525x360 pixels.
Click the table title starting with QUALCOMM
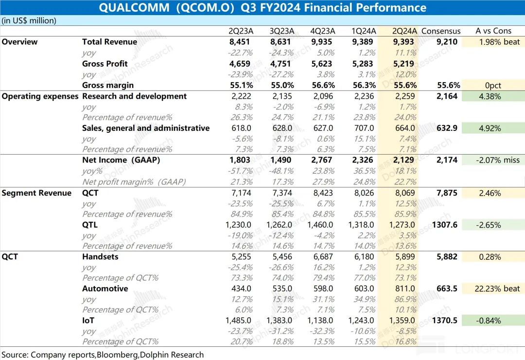click(262, 8)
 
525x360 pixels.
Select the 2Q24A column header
click(404, 31)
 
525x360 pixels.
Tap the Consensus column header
click(441, 31)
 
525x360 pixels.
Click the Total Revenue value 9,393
click(404, 42)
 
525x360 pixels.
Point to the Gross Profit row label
click(105, 64)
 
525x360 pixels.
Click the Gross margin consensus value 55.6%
click(448, 85)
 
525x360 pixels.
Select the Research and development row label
click(134, 96)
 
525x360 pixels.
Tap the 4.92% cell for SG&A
click(490, 128)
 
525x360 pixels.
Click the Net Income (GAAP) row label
click(121, 160)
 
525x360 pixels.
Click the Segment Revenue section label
click(36, 193)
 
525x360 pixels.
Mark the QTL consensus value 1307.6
click(444, 225)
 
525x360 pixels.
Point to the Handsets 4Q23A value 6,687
click(322, 257)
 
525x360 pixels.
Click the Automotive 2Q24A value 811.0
click(404, 288)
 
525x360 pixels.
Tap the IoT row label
click(88, 321)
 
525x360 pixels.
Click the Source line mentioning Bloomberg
click(103, 355)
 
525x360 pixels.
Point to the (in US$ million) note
click(29, 20)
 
